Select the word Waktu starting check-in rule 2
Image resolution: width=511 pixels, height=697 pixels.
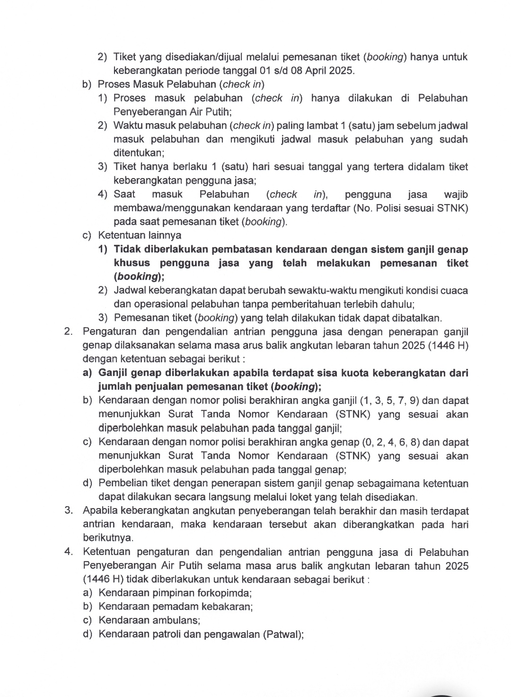click(x=128, y=125)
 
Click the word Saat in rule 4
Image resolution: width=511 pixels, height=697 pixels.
click(x=124, y=194)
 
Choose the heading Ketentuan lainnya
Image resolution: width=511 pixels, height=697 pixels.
click(x=140, y=235)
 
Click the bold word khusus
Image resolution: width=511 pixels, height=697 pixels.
click(x=132, y=263)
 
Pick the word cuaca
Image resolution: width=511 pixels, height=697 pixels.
click(x=454, y=290)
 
